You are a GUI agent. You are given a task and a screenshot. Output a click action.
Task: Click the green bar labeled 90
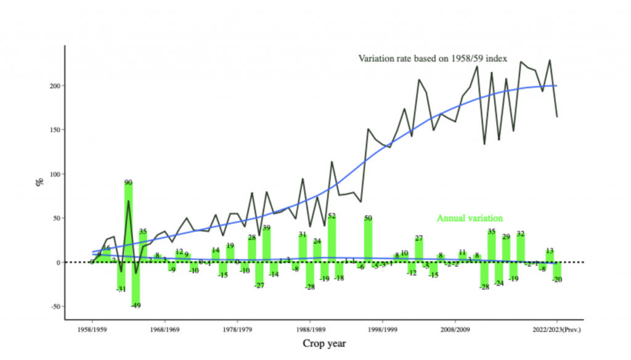(128, 222)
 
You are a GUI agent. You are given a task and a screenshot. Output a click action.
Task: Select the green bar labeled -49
(136, 284)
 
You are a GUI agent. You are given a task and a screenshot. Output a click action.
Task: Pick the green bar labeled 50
(368, 240)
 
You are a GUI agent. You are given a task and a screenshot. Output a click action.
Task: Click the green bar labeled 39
(266, 245)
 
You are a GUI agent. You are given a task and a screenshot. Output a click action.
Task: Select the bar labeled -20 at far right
(557, 271)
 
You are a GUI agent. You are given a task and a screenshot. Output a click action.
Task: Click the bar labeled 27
(419, 250)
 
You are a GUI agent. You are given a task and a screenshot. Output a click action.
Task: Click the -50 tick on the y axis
(54, 306)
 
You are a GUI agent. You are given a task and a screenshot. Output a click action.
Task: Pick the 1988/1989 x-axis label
(311, 330)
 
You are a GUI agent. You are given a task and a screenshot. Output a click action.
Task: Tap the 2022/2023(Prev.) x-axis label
(557, 330)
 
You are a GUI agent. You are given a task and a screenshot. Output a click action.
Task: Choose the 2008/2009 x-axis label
(455, 330)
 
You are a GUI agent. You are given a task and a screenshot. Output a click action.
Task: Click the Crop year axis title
(324, 343)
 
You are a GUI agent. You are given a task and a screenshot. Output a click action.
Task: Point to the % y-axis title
(38, 183)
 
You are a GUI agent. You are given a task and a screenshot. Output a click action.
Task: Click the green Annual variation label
(470, 218)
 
